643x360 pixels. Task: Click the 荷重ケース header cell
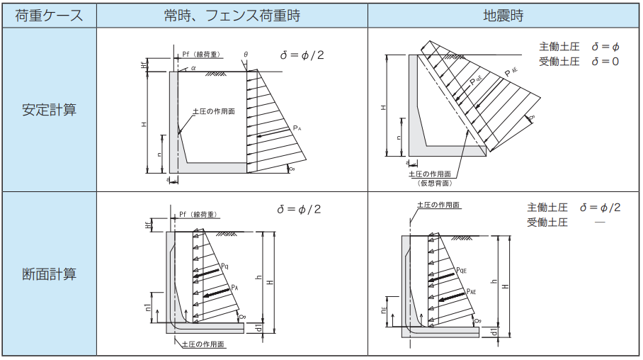pyautogui.click(x=49, y=15)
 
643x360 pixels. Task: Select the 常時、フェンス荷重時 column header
pyautogui.click(x=232, y=15)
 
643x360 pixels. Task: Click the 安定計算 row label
pyautogui.click(x=49, y=110)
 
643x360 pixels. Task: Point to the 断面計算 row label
pyautogui.click(x=49, y=274)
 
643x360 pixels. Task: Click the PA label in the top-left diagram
pyautogui.click(x=297, y=128)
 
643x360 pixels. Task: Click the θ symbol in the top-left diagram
pyautogui.click(x=246, y=55)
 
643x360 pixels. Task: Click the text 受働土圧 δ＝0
pyautogui.click(x=579, y=62)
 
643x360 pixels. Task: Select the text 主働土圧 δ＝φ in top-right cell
pyautogui.click(x=579, y=47)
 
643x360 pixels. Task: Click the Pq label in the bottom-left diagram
pyautogui.click(x=224, y=266)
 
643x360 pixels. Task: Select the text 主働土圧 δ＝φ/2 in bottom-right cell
pyautogui.click(x=574, y=208)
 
